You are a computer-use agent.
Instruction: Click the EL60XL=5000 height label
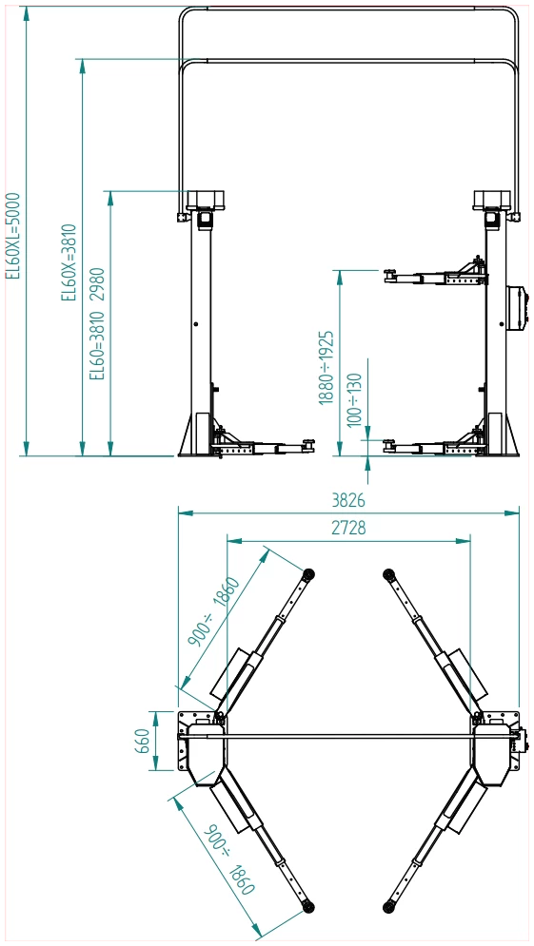13,236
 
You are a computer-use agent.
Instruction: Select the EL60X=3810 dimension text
69,261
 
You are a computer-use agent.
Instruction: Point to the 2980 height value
97,283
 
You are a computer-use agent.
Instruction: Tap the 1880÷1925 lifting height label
326,367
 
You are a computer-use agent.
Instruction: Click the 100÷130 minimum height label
355,400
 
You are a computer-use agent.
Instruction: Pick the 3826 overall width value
348,501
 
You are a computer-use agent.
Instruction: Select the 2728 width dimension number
348,528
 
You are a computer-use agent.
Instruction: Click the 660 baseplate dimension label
141,741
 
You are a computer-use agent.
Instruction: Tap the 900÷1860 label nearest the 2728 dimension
214,611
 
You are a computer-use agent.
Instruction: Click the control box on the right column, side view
515,308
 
